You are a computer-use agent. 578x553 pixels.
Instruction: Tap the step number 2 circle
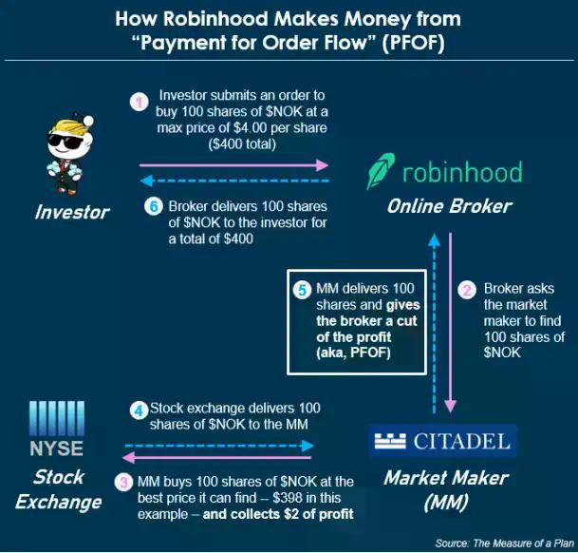(466, 289)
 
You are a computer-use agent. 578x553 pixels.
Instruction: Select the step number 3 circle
(123, 483)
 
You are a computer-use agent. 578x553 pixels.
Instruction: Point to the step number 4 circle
(139, 411)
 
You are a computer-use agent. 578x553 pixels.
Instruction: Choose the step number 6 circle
(154, 206)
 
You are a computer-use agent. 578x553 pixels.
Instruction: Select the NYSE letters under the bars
(56, 448)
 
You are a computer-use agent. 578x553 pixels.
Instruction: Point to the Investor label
(71, 212)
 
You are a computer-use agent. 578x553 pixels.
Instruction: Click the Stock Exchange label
(59, 488)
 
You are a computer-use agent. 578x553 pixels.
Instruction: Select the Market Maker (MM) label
(445, 488)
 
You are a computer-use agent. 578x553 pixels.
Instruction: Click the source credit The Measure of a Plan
(501, 543)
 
